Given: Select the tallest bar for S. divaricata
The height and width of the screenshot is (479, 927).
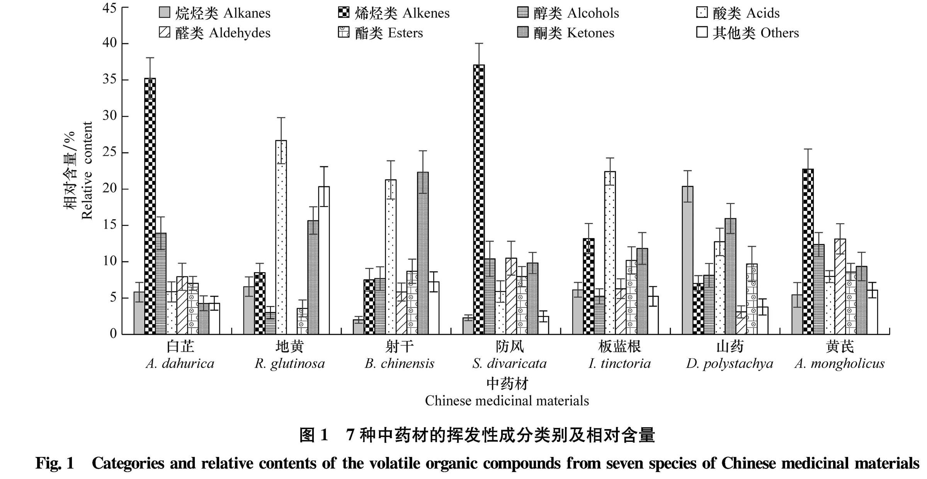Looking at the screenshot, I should [479, 199].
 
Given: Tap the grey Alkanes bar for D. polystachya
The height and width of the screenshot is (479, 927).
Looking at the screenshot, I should [687, 260].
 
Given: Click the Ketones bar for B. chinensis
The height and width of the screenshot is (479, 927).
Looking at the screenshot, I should [423, 253].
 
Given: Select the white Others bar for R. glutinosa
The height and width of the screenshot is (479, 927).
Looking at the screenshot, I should [324, 260].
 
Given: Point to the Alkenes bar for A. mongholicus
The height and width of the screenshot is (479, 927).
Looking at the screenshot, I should [808, 251].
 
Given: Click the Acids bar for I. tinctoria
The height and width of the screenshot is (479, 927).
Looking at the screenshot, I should [610, 253].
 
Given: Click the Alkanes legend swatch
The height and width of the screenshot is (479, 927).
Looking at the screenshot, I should [165, 13].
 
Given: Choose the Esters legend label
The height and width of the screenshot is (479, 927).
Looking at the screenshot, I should [389, 33].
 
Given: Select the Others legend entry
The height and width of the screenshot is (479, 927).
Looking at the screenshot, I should [748, 33].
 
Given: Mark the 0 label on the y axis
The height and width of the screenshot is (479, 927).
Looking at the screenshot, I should [113, 333].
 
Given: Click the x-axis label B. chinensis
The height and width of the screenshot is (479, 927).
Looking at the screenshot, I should [400, 363].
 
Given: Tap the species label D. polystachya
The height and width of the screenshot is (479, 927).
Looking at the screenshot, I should [730, 363].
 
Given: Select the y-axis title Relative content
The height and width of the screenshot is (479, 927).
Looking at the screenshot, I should [87, 170].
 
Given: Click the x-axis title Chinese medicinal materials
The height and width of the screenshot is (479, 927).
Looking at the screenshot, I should [507, 401].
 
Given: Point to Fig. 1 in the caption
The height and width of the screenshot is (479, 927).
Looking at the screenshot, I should [54, 463].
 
